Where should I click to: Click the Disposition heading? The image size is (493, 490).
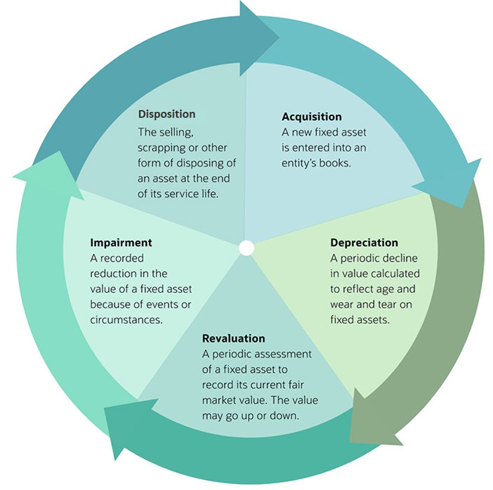[x=167, y=114]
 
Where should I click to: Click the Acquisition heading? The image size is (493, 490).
[x=312, y=117]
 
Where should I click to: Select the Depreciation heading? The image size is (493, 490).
[x=364, y=243]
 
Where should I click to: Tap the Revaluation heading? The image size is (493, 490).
[x=233, y=339]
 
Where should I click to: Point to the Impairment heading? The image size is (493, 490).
[x=121, y=243]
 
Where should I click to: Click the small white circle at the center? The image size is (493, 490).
[x=246, y=248]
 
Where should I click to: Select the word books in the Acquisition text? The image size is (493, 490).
[x=335, y=163]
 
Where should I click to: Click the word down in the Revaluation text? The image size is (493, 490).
[x=288, y=415]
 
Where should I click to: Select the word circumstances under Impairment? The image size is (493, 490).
[x=126, y=320]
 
